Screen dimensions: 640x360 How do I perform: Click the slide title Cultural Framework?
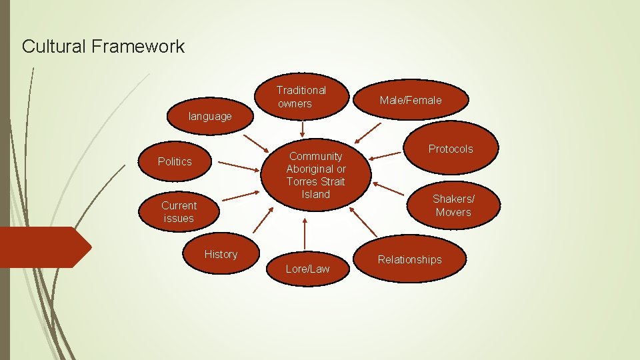(103, 47)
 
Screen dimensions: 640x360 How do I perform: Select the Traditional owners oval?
(301, 97)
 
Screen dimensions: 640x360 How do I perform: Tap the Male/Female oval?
(410, 100)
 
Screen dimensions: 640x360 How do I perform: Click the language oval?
(209, 116)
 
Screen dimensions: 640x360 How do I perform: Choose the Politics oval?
(175, 161)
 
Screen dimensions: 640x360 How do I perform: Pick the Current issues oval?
(179, 212)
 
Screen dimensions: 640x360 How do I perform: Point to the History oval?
(221, 254)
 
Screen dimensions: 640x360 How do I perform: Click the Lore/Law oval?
(307, 269)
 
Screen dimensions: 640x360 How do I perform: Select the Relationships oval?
(409, 259)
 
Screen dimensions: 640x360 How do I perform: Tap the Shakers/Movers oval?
(453, 205)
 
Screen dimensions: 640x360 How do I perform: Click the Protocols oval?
(451, 149)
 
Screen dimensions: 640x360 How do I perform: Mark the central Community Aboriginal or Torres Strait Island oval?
(316, 175)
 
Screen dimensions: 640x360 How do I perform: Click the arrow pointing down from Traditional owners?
(303, 129)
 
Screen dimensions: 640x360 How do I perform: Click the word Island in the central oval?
(316, 194)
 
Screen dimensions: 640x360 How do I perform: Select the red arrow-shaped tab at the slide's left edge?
(43, 247)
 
